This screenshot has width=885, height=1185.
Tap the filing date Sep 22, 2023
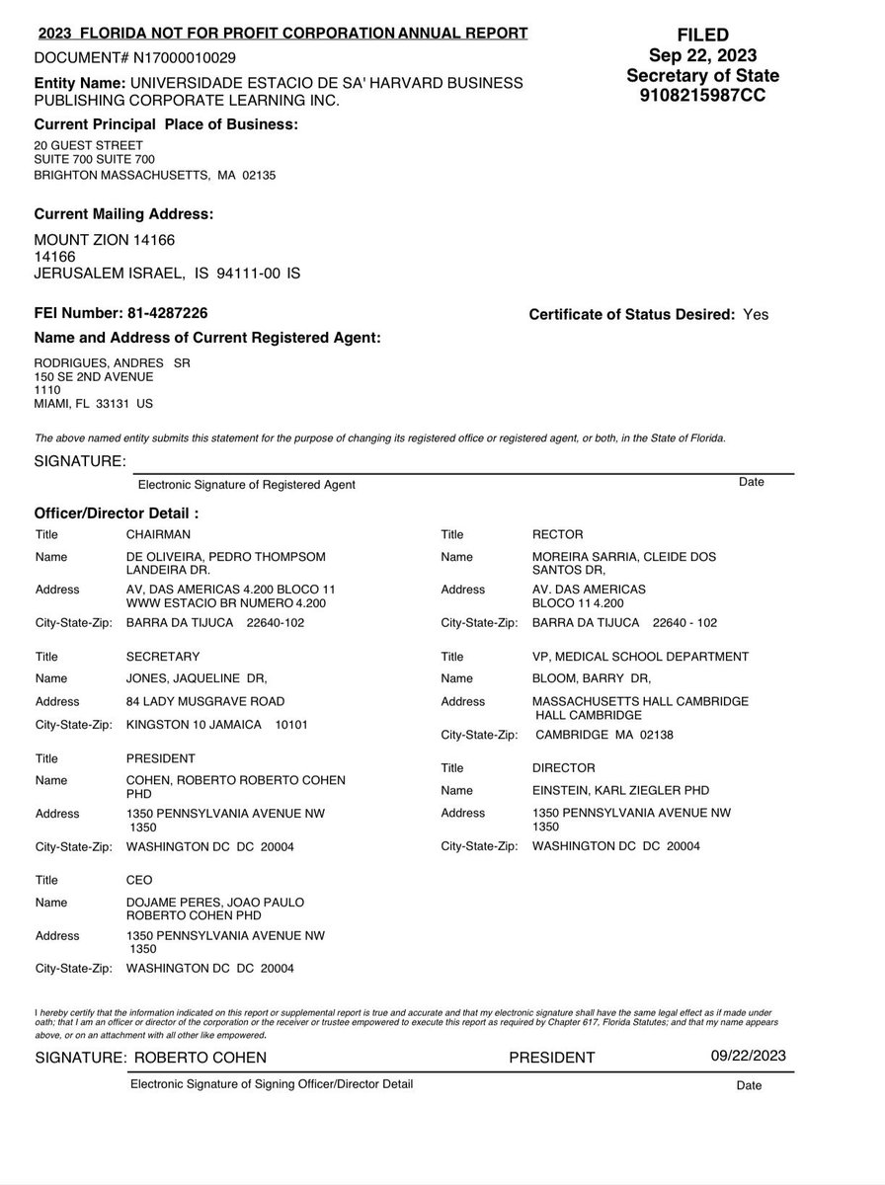pos(701,55)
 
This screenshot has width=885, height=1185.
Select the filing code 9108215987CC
pos(702,96)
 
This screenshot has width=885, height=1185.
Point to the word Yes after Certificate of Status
pos(756,315)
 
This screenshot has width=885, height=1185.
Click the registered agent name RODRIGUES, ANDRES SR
pos(113,362)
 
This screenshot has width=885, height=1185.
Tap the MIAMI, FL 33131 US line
pos(94,404)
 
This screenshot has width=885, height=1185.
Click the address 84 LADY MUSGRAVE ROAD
pos(205,701)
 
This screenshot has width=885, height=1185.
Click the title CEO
pos(139,880)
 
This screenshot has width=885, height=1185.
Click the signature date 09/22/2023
pos(749,1056)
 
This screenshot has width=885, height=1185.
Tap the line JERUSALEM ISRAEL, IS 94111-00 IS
pos(167,274)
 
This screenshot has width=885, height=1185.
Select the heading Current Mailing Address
pos(123,213)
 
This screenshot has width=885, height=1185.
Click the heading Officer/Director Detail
pos(117,513)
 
